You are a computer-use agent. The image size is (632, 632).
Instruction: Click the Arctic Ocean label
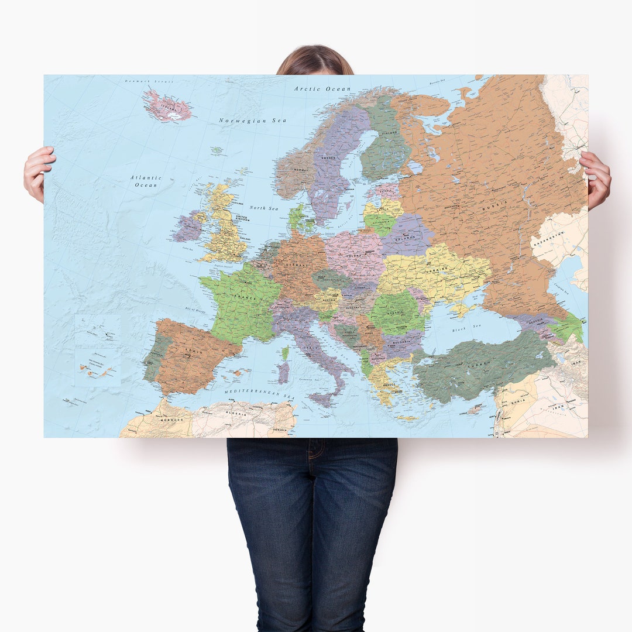322,89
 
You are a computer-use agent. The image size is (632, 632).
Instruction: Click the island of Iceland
169,107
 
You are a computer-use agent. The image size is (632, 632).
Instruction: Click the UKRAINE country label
438,269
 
